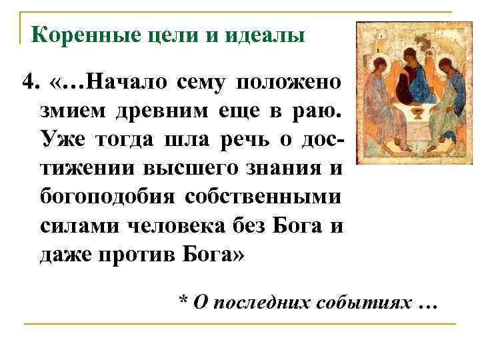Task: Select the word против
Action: pyautogui.click(x=137, y=255)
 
